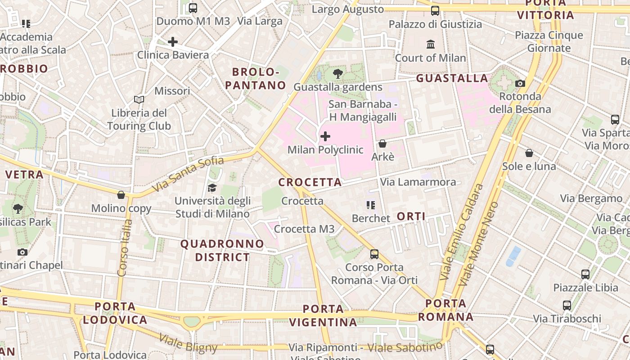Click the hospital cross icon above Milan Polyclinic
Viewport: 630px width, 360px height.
[x=325, y=136]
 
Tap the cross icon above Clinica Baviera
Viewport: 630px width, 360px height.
[x=173, y=42]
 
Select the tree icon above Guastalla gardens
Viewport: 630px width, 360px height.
[x=337, y=74]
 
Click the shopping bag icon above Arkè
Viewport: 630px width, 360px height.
[x=382, y=144]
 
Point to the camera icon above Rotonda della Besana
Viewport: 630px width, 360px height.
[x=520, y=83]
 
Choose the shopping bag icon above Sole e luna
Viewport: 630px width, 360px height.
[x=529, y=153]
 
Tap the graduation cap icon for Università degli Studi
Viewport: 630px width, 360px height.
[x=212, y=188]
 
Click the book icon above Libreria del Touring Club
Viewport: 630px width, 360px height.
[x=139, y=99]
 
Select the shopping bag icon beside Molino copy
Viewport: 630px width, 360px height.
[x=121, y=195]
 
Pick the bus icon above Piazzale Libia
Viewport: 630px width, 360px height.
[x=585, y=274]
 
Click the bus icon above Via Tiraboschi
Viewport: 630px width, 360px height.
[x=567, y=306]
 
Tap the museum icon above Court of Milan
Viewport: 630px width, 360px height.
[x=431, y=45]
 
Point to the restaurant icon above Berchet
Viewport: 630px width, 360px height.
[x=371, y=205]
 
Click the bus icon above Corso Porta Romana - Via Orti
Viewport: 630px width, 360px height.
[x=374, y=254]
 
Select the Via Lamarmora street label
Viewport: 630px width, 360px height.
[x=418, y=182]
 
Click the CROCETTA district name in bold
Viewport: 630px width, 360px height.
[x=310, y=182]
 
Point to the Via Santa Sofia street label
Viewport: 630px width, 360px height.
[x=188, y=174]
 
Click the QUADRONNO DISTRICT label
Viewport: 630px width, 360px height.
[x=222, y=251]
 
